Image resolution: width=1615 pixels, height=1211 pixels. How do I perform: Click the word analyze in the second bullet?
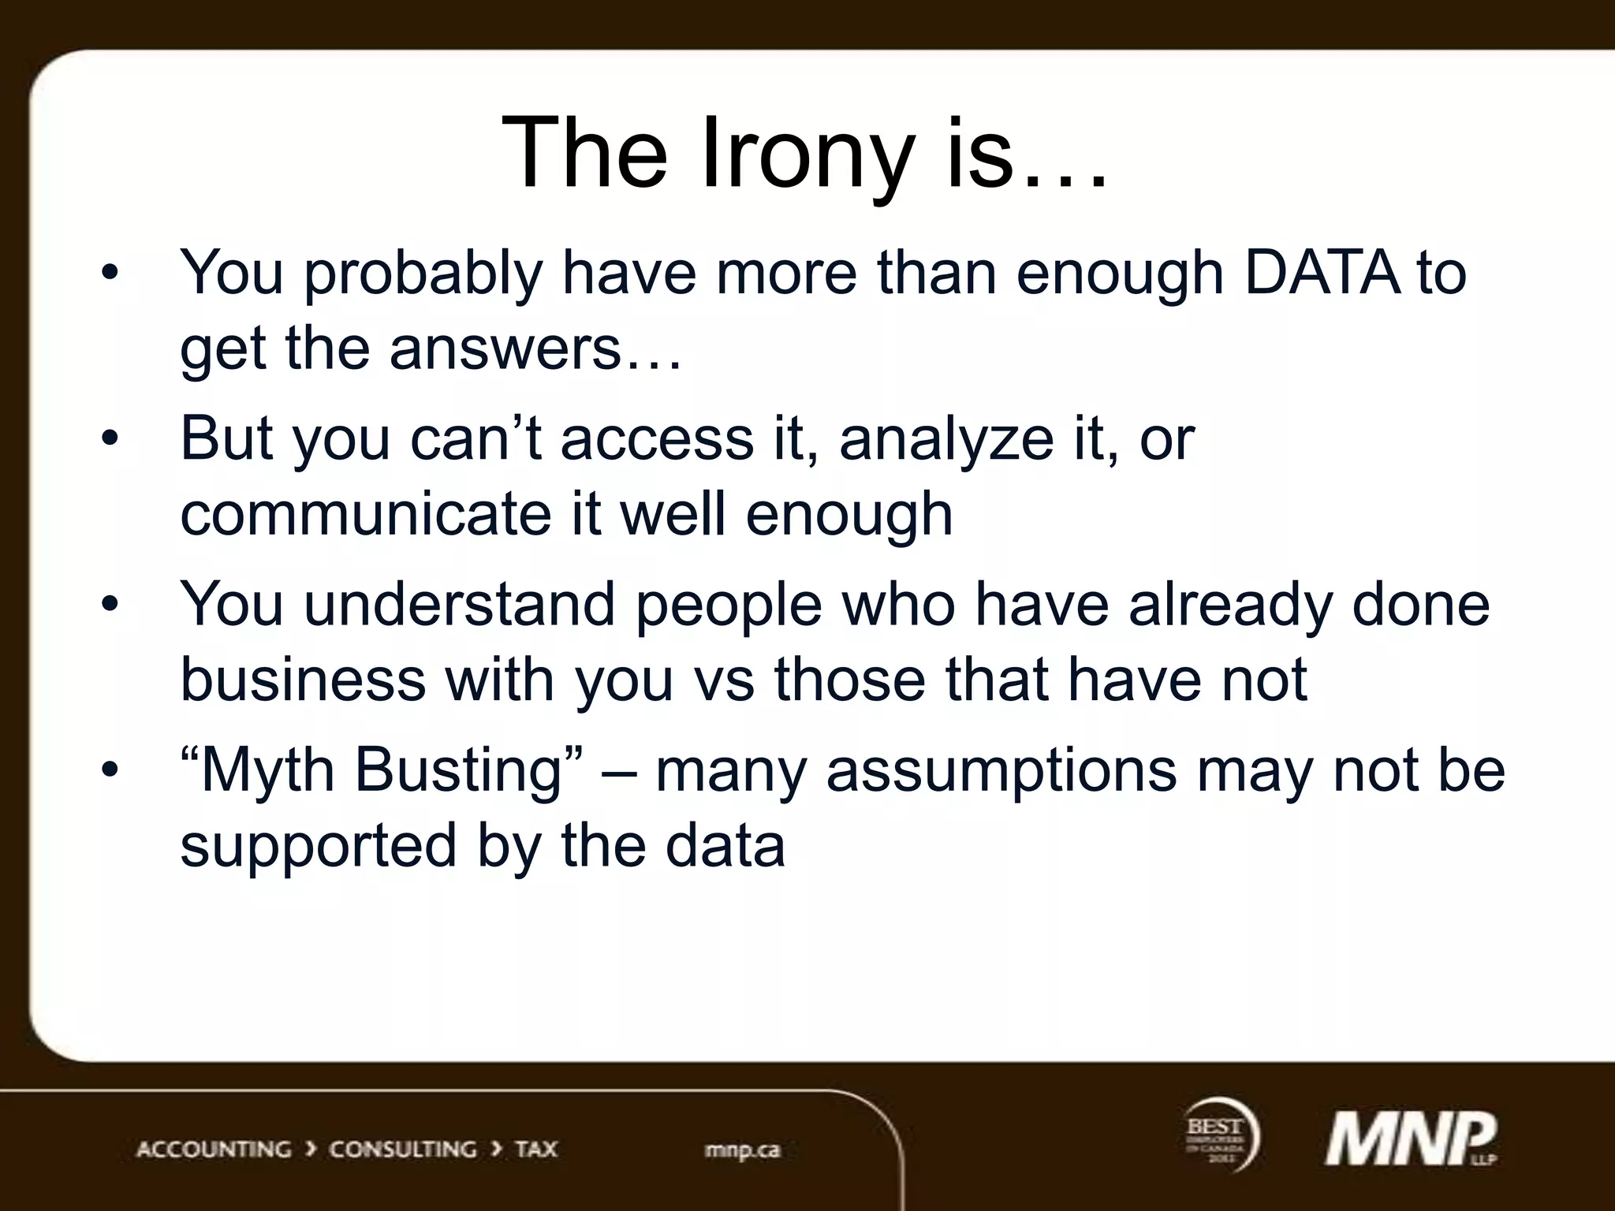pos(946,440)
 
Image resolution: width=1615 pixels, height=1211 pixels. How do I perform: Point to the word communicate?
pos(365,514)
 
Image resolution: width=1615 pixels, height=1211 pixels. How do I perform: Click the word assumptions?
pos(1001,771)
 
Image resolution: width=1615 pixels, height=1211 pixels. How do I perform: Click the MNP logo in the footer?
pos(1409,1140)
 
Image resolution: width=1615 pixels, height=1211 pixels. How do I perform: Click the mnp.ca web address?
pos(742,1150)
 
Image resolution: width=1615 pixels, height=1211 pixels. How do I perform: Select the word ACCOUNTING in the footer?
pos(214,1150)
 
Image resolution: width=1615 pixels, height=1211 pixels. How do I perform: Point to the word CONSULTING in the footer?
pos(402,1150)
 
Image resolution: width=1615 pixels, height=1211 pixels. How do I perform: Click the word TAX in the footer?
pos(536,1150)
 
